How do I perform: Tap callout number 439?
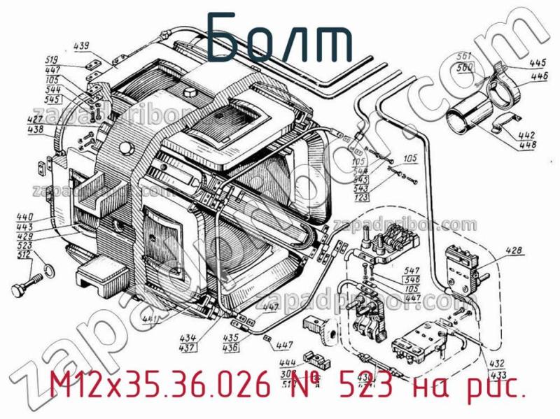82,47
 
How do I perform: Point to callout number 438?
36,129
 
